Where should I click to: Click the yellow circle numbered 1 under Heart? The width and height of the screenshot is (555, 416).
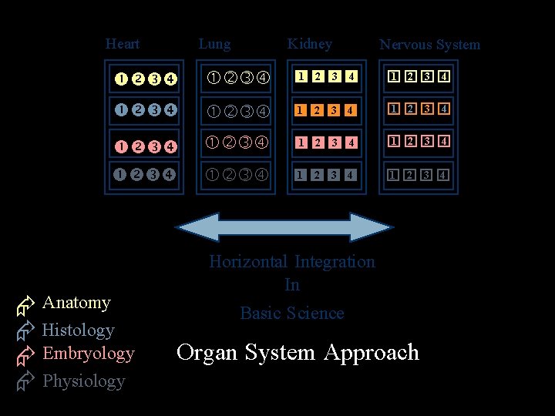click(121, 78)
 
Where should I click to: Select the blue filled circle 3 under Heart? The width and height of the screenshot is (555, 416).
click(154, 109)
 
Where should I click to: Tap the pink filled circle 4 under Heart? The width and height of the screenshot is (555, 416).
click(170, 145)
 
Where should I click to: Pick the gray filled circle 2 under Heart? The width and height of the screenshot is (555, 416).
click(136, 174)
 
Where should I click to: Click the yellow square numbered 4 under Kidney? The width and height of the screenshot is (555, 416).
click(351, 76)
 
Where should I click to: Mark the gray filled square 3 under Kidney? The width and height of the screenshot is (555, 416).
click(334, 175)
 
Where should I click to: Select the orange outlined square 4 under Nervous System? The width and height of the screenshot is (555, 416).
click(443, 109)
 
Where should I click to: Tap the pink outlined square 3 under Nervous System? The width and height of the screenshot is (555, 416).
click(426, 142)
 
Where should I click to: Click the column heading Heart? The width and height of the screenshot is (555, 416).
click(123, 44)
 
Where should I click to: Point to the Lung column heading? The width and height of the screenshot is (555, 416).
click(214, 44)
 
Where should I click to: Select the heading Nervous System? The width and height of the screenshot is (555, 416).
click(429, 45)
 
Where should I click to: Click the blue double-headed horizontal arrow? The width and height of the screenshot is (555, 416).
click(284, 227)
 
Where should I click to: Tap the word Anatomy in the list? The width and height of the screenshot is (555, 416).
click(76, 303)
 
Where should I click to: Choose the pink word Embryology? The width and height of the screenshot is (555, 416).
click(89, 354)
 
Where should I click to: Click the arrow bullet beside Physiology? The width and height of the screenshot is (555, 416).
click(25, 381)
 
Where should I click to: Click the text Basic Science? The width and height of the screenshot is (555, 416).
click(292, 313)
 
